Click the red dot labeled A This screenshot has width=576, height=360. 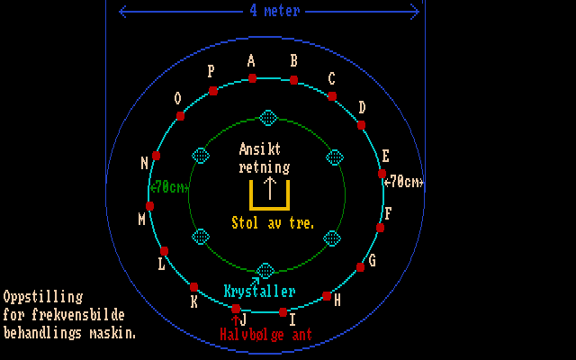pyautogui.click(x=253, y=78)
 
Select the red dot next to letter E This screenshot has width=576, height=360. pyautogui.click(x=382, y=173)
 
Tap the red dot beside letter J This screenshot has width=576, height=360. pyautogui.click(x=237, y=308)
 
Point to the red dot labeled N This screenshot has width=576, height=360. pyautogui.click(x=157, y=156)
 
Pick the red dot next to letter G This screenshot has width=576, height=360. pyautogui.click(x=361, y=266)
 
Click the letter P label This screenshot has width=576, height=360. pyautogui.click(x=211, y=71)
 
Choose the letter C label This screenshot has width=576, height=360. pyautogui.click(x=331, y=78)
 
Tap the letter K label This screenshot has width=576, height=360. pyautogui.click(x=193, y=301)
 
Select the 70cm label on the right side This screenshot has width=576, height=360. pyautogui.click(x=402, y=182)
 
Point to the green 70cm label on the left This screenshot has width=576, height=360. pyautogui.click(x=169, y=187)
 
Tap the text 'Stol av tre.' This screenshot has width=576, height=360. pyautogui.click(x=273, y=222)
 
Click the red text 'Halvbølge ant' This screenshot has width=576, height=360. pyautogui.click(x=265, y=333)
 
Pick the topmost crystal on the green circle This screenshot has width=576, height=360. pyautogui.click(x=267, y=118)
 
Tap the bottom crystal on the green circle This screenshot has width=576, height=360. pyautogui.click(x=265, y=271)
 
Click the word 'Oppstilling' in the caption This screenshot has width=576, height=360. pyautogui.click(x=43, y=296)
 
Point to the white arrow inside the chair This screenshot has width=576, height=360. pyautogui.click(x=269, y=187)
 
